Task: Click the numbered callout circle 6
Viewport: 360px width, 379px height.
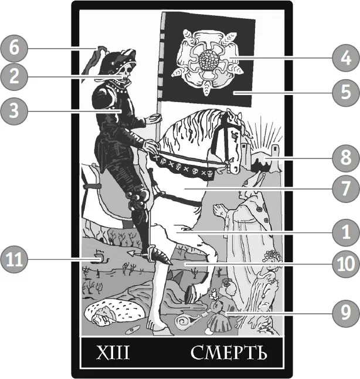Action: (14, 48)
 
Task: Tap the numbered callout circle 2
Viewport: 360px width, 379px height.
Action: (14, 77)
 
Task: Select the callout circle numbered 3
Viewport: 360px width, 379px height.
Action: (14, 111)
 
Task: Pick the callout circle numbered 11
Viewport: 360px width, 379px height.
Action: (14, 260)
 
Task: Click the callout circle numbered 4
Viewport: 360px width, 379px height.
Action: (346, 58)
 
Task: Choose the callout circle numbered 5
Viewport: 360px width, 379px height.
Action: (346, 93)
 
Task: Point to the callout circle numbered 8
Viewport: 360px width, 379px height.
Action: (346, 158)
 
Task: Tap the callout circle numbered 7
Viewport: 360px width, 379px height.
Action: (346, 188)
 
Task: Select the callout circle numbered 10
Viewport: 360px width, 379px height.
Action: (346, 264)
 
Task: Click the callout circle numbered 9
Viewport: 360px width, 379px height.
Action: (346, 313)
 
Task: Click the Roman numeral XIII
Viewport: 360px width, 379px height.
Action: (113, 353)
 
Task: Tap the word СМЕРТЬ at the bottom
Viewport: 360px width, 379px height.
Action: (229, 353)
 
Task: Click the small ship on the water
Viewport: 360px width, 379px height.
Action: (100, 257)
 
